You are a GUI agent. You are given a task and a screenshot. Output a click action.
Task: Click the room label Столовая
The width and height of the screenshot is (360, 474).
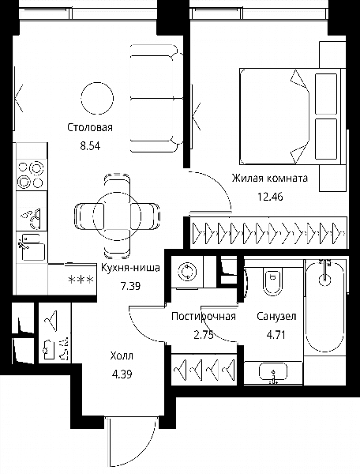90,127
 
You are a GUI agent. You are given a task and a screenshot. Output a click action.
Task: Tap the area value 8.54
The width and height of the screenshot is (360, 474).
90,146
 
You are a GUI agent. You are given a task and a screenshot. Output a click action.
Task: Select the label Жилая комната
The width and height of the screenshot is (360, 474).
270,178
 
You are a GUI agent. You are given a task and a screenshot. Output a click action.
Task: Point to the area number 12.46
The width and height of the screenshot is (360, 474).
270,197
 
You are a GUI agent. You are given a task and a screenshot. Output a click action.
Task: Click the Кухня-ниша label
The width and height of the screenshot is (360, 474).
130,268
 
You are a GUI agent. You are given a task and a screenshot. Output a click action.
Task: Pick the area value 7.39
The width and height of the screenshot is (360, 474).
130,286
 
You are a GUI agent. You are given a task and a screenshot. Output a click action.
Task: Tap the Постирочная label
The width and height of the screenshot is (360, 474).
203,317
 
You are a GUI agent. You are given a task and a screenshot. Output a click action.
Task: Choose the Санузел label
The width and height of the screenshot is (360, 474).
276,317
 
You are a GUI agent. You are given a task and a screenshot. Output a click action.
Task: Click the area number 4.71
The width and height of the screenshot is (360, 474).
276,335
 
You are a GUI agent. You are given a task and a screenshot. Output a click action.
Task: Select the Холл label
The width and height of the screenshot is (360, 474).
122,355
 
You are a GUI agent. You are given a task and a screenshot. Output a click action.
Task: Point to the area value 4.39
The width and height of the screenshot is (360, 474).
122,374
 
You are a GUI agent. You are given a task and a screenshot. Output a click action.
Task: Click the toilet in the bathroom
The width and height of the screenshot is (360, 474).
272,281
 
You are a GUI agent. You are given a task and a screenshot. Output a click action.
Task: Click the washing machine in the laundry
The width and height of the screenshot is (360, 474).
187,272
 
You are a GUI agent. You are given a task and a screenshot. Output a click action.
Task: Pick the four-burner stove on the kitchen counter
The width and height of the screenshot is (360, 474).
32,175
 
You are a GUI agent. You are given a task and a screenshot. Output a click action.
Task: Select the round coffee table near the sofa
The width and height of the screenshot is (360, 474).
98,98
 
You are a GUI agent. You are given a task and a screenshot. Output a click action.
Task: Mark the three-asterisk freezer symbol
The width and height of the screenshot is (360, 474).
81,280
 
